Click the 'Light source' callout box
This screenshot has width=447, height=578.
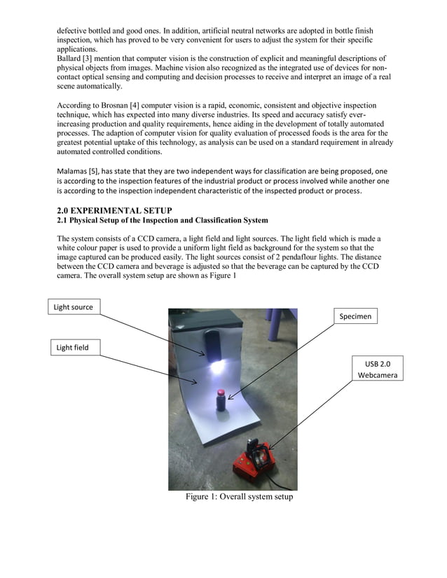click(x=73, y=307)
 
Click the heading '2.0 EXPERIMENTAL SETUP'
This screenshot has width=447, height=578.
click(x=114, y=211)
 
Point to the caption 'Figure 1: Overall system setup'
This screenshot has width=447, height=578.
click(x=239, y=497)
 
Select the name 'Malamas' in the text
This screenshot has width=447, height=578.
click(x=71, y=171)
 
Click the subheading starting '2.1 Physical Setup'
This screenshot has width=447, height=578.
click(x=162, y=220)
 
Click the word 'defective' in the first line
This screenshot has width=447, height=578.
click(x=73, y=31)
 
